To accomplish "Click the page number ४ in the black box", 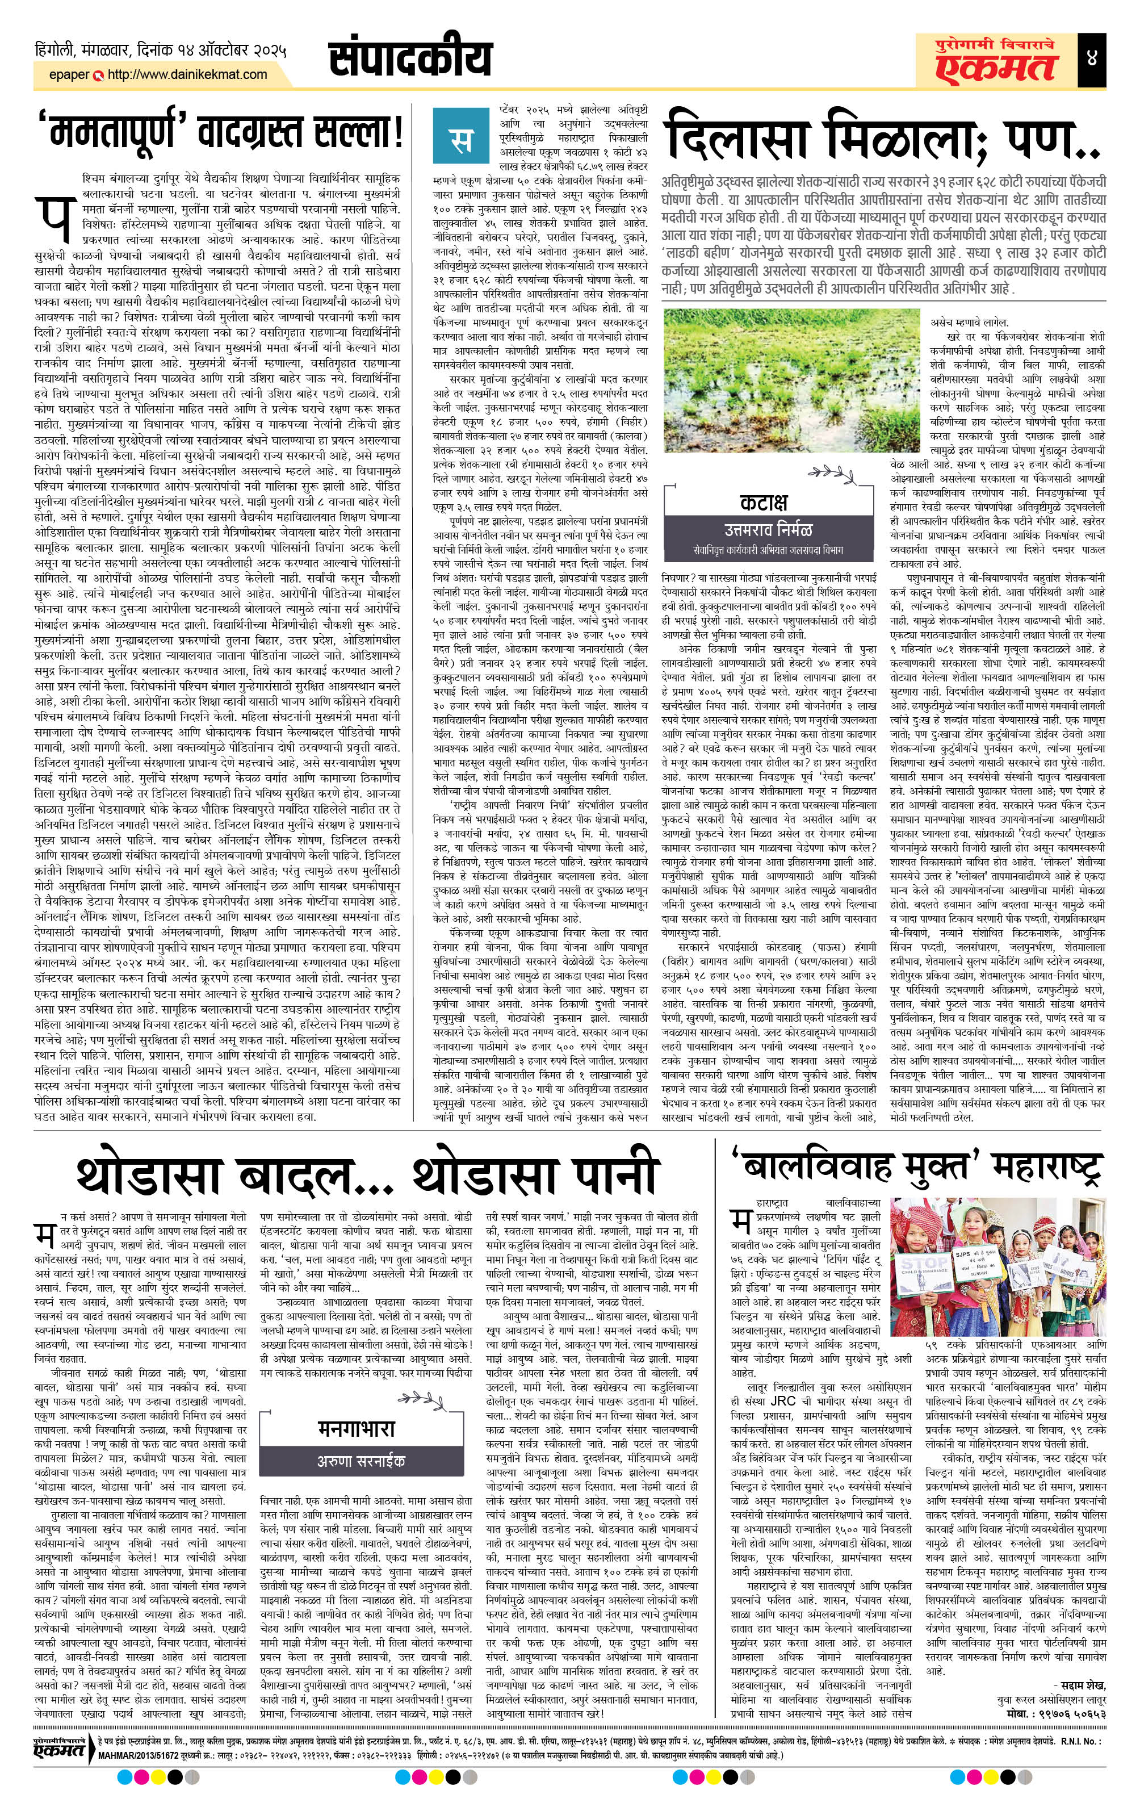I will tap(1112, 58).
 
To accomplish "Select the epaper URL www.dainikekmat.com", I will tap(187, 74).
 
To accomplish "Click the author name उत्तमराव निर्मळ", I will tap(768, 529).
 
